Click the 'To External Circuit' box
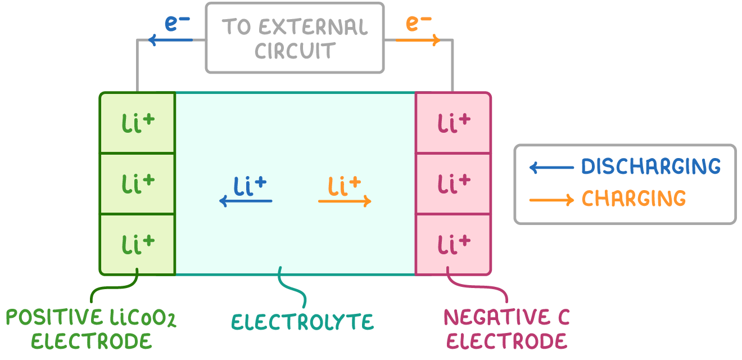coord(295,38)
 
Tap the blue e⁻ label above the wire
coord(177,24)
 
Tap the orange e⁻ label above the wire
coord(418,24)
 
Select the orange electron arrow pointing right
coord(418,40)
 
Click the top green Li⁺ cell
coord(138,123)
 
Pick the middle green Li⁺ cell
coord(138,183)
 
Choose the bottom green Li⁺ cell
coord(138,244)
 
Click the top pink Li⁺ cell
coord(453,123)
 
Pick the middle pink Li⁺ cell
coord(453,183)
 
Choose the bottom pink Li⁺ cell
coord(453,244)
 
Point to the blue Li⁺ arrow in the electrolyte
coord(246,201)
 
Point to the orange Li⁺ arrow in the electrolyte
coord(345,201)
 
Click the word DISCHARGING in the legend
coord(650,166)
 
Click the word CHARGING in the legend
coord(634,199)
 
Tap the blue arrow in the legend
coord(551,167)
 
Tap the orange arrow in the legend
coord(551,199)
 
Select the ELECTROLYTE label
coord(302,322)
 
